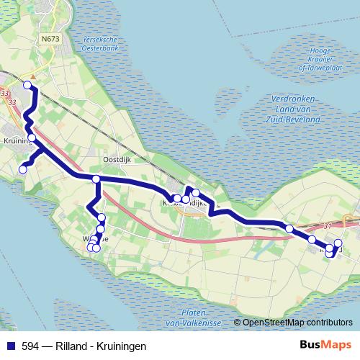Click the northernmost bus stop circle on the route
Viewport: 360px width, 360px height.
tap(27, 85)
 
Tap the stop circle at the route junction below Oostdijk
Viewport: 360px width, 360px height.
tap(96, 179)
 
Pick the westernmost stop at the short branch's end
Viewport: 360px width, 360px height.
tap(22, 169)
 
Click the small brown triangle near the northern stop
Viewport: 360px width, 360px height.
tap(32, 76)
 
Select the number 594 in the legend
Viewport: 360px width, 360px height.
tap(31, 346)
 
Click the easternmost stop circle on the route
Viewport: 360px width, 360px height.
tap(338, 243)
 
